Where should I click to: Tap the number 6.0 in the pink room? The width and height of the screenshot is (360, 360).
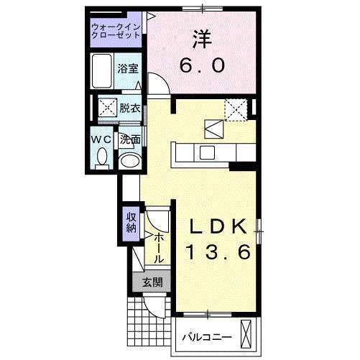[x=201, y=65]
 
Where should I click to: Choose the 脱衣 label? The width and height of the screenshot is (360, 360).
[x=130, y=109]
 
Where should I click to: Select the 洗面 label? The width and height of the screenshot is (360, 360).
[x=129, y=139]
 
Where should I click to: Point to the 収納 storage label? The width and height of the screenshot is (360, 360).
[x=131, y=222]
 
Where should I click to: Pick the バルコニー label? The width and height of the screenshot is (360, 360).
[x=206, y=336]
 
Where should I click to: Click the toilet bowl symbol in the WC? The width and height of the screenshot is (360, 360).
[x=101, y=156]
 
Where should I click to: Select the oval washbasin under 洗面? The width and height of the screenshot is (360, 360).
[x=129, y=161]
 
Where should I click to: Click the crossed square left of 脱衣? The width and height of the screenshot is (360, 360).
[x=107, y=109]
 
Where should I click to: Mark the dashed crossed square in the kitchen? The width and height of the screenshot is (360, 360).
[x=236, y=109]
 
